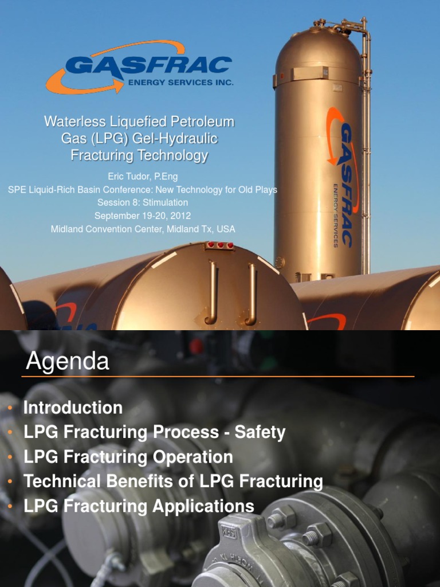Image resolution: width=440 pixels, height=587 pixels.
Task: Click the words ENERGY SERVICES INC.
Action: (x=180, y=83)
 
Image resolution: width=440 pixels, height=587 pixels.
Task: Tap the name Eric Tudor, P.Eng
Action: (x=142, y=177)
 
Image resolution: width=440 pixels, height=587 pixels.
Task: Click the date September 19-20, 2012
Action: (x=142, y=216)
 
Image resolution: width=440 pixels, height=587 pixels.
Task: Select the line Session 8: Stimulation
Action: (x=142, y=202)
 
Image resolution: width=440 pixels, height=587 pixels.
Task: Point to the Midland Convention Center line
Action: (x=143, y=229)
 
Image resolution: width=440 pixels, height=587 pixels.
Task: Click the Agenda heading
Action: (x=68, y=362)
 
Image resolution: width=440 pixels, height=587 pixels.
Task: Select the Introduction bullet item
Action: (x=73, y=408)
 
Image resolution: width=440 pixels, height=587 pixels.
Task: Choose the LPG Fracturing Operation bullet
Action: (x=128, y=457)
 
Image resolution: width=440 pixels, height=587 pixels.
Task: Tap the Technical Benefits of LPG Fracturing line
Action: (x=173, y=482)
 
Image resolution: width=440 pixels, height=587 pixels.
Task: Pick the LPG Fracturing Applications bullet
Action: (x=139, y=506)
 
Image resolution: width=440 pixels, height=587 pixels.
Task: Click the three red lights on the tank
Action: (x=221, y=245)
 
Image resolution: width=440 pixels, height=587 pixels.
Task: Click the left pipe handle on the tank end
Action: (x=213, y=292)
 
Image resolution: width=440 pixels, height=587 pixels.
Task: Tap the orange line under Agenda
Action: (x=218, y=377)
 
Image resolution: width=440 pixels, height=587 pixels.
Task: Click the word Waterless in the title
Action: (x=72, y=122)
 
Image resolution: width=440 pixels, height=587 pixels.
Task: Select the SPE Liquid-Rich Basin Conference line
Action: (x=142, y=190)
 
